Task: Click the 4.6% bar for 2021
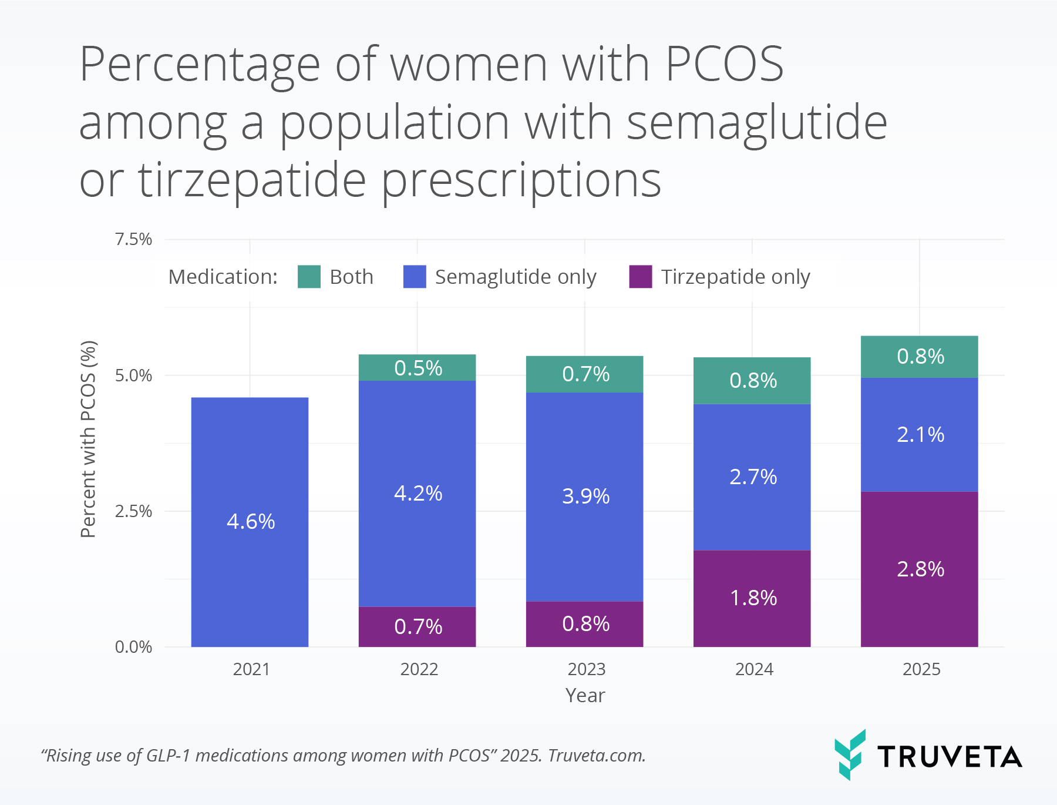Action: (250, 522)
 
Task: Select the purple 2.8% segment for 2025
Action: (919, 569)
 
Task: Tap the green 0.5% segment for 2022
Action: (417, 368)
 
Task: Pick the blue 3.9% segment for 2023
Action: (584, 497)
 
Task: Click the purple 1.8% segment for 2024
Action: (752, 598)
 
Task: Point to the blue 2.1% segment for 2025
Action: (919, 435)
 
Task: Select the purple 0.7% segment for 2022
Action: (417, 626)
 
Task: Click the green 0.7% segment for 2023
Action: (584, 374)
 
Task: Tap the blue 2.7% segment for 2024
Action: (752, 477)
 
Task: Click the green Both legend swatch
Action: (309, 277)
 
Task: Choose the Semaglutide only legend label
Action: (515, 277)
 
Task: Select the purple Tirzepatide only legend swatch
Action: (640, 277)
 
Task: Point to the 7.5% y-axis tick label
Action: (133, 239)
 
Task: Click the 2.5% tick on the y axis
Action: (133, 511)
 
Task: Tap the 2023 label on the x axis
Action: (586, 669)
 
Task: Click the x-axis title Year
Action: (585, 695)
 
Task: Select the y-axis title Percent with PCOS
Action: (88, 439)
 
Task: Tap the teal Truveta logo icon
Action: (850, 754)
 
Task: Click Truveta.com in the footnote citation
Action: (596, 755)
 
